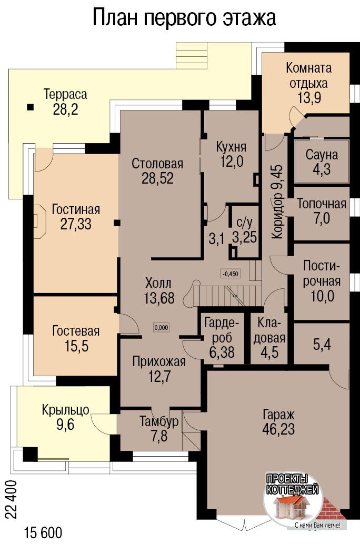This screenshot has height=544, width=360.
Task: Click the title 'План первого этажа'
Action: pos(184,17)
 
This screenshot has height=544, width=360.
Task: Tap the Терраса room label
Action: pos(65,94)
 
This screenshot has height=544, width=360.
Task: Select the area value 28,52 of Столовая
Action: pos(157,178)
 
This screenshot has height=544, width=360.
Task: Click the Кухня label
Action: pos(231,147)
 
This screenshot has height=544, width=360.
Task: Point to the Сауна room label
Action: pos(322,155)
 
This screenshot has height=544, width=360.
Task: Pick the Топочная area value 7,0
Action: pos(322,218)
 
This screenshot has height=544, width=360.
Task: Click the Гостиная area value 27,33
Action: pos(76,224)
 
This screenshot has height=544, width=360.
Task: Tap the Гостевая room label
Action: pos(76,330)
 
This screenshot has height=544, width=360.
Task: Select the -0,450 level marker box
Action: pos(230,274)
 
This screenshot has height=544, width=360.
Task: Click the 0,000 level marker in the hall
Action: pos(162,327)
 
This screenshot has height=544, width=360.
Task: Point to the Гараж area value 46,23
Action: pos(279,429)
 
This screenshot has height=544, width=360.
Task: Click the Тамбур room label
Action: pos(159,421)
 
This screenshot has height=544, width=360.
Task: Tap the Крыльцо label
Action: pos(65,410)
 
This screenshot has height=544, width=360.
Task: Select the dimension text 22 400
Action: pos(11,499)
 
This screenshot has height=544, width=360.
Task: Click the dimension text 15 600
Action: pos(43,532)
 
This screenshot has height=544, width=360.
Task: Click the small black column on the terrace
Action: pos(31,107)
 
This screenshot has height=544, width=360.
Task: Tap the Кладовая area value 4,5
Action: pos(269,352)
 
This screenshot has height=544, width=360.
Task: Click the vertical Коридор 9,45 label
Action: pos(277,202)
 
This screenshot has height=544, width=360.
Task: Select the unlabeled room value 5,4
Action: pos(322,345)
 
